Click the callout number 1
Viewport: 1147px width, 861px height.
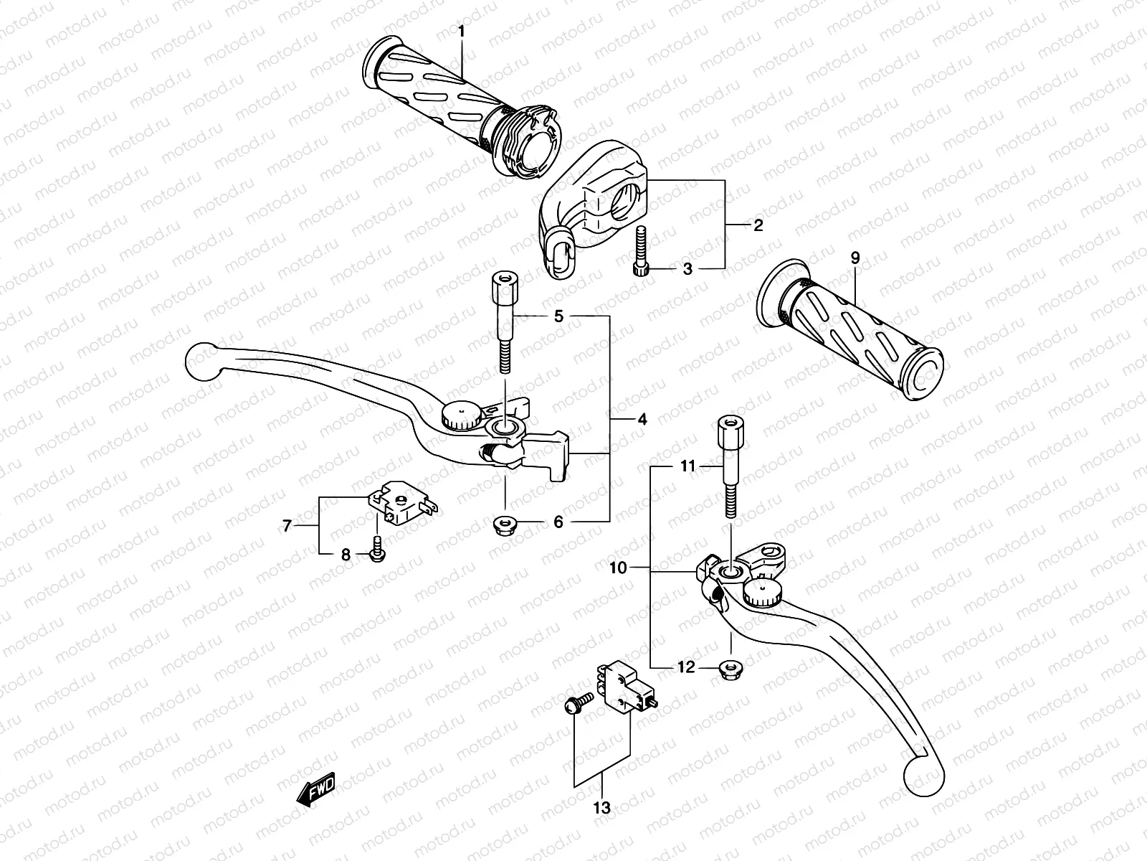click(x=462, y=31)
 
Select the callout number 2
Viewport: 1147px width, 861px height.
click(x=758, y=225)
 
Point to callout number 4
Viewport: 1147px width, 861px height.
click(x=642, y=419)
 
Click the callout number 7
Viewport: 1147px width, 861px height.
click(x=287, y=527)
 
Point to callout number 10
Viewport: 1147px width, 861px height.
click(x=618, y=568)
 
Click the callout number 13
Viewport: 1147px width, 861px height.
click(x=602, y=808)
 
